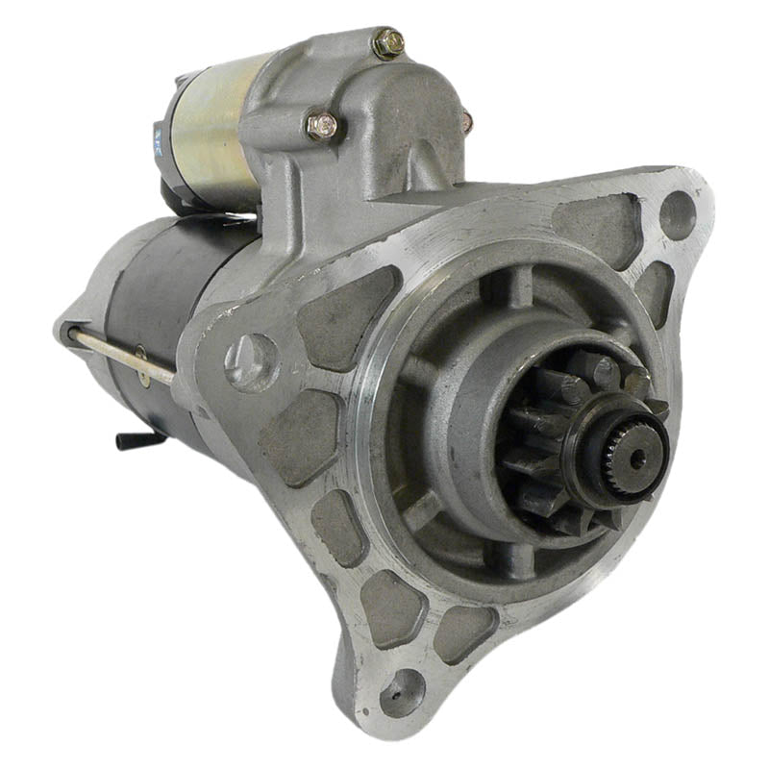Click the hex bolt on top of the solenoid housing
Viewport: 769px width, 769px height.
(x=388, y=42)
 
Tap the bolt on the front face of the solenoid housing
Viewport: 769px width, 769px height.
(x=323, y=125)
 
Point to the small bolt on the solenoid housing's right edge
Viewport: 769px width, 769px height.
(x=467, y=122)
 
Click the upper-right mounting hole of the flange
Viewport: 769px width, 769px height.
(x=677, y=213)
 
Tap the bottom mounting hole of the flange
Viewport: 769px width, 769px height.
(x=401, y=691)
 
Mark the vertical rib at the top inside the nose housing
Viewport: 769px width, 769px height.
(x=520, y=284)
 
